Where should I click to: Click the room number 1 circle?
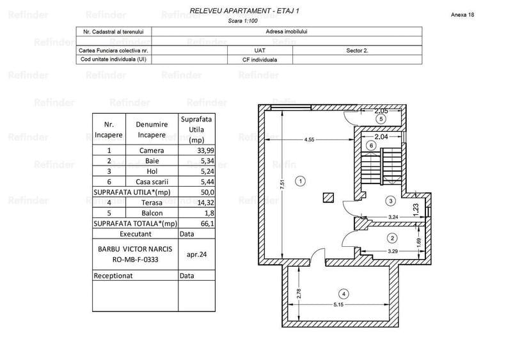(x=301, y=182)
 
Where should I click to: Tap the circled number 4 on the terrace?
(x=343, y=294)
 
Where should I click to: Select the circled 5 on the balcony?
(x=381, y=119)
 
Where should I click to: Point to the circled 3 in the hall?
(x=391, y=201)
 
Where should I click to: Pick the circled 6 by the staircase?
(x=370, y=146)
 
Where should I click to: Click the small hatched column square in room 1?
(x=329, y=197)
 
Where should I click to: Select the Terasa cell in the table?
(x=152, y=203)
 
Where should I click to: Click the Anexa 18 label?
(x=462, y=14)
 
